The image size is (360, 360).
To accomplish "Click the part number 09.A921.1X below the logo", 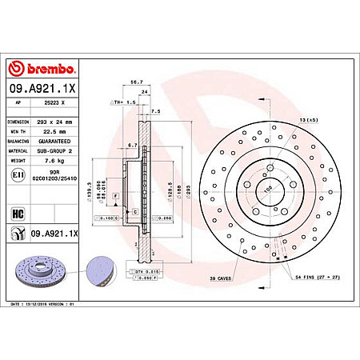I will (x=42, y=89).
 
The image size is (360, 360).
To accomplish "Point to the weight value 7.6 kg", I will (x=50, y=159).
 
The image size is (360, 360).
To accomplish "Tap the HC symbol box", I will (x=18, y=214).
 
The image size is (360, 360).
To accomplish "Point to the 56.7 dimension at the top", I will (x=135, y=82).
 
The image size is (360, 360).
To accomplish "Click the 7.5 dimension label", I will (x=156, y=110).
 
